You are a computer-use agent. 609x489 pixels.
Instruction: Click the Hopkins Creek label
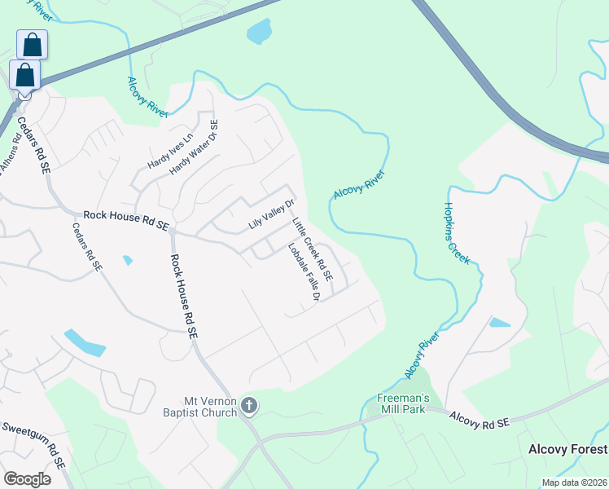point(457,233)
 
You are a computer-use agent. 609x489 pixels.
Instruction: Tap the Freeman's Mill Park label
point(401,403)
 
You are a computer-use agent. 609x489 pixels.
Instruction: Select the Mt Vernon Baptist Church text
point(210,406)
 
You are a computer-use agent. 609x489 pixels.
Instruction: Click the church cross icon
point(249,405)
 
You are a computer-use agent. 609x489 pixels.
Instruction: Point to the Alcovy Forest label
point(567,449)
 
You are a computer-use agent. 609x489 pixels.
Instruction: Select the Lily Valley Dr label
point(271,213)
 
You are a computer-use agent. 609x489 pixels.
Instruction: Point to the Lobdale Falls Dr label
point(303,272)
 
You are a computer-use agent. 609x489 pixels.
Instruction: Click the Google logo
point(27,479)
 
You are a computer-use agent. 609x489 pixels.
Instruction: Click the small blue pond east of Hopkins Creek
point(499,323)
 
